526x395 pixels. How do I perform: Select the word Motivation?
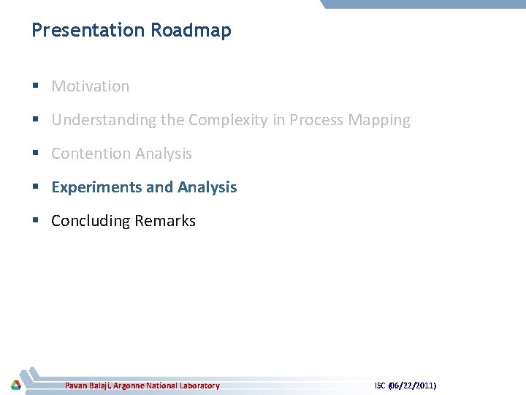tap(90, 86)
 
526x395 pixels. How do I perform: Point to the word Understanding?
tap(104, 120)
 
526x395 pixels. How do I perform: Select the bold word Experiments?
tap(96, 187)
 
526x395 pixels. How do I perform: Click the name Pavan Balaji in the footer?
tap(87, 385)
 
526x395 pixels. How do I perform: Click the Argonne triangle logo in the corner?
tap(15, 385)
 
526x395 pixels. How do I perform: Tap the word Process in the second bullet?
tap(316, 120)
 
